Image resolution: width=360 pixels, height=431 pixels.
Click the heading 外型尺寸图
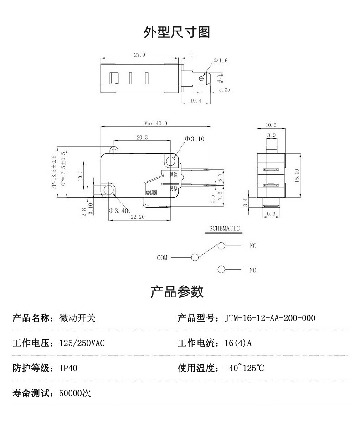pyautogui.click(x=177, y=32)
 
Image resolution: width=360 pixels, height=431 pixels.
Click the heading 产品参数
pyautogui.click(x=177, y=291)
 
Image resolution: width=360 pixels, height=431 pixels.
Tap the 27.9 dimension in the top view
pyautogui.click(x=139, y=55)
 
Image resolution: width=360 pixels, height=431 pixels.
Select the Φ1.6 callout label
pyautogui.click(x=221, y=61)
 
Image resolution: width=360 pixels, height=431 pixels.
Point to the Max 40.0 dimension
pyautogui.click(x=156, y=123)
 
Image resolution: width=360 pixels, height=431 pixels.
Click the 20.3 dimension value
pyautogui.click(x=142, y=137)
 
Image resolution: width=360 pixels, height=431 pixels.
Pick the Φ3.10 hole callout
pyautogui.click(x=195, y=139)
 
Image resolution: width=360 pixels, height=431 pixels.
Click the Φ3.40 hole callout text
pyautogui.click(x=119, y=210)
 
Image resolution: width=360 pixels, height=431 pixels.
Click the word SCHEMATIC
pyautogui.click(x=224, y=228)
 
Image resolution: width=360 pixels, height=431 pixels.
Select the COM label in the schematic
pyautogui.click(x=162, y=258)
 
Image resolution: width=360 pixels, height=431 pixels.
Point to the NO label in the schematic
pyautogui.click(x=253, y=270)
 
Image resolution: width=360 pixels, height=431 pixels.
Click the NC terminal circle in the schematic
pyautogui.click(x=221, y=246)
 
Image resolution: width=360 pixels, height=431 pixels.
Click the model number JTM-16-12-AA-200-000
pyautogui.click(x=270, y=318)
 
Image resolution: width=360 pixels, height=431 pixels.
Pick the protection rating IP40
pyautogui.click(x=68, y=368)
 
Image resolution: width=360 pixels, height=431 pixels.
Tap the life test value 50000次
pyautogui.click(x=75, y=393)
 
